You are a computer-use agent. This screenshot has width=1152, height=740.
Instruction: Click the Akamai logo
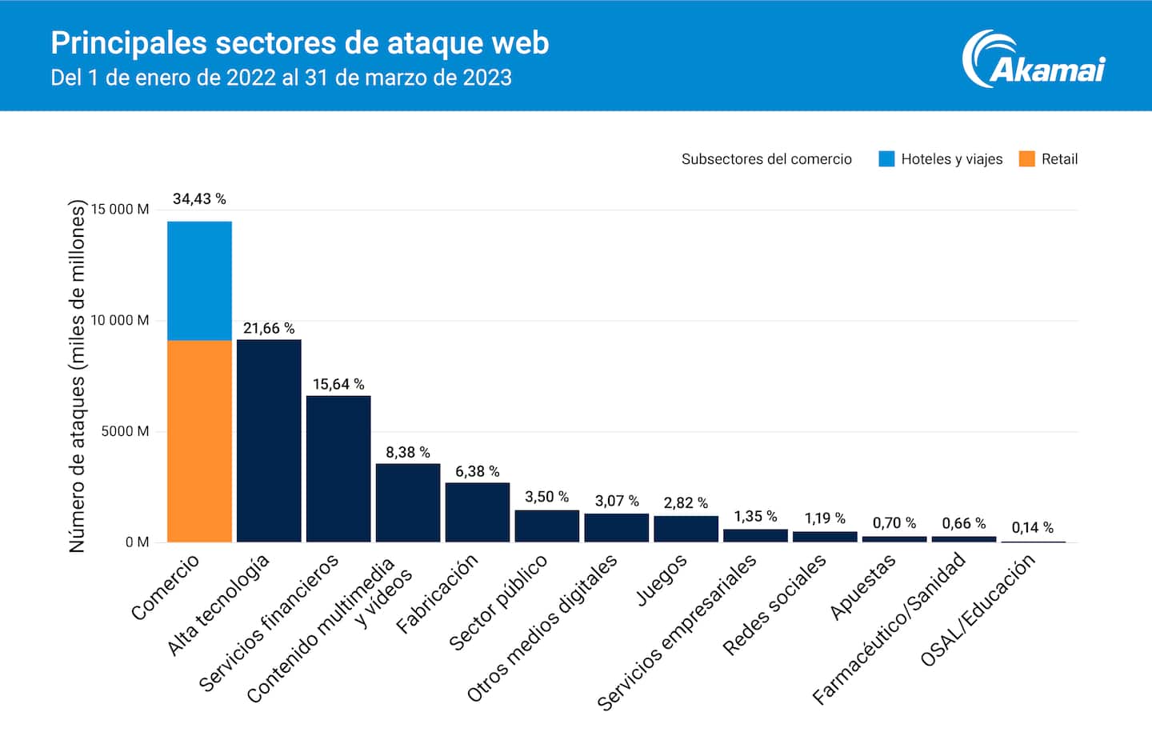[1034, 61]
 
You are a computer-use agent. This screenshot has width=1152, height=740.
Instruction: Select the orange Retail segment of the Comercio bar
[199, 441]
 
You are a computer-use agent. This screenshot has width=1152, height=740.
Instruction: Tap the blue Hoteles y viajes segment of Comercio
[199, 280]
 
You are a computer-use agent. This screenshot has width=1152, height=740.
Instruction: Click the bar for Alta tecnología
[269, 441]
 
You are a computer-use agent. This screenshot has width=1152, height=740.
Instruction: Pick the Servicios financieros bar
[338, 469]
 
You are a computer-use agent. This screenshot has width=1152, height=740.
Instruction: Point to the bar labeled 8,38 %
[408, 502]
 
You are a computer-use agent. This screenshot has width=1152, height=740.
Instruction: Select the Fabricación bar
[478, 512]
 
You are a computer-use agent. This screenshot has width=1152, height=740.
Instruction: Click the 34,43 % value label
[199, 198]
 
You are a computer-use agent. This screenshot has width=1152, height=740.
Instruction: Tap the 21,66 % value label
[269, 328]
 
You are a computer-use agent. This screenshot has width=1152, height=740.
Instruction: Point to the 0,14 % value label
[1032, 527]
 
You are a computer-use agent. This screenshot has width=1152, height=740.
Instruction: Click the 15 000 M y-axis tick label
[120, 210]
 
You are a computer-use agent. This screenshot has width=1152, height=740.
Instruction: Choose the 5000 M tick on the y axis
[125, 431]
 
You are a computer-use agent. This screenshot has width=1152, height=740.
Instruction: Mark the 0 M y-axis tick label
[137, 542]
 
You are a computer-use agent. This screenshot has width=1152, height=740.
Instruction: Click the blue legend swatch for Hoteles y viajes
[886, 158]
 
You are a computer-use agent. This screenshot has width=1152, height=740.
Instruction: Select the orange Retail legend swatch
[1026, 158]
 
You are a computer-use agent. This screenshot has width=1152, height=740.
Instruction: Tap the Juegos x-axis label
[661, 580]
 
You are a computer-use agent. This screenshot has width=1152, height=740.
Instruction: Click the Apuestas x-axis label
[862, 587]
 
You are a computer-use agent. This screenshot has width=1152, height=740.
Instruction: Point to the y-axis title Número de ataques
[77, 376]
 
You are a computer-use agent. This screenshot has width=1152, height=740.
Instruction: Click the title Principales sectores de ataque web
[300, 43]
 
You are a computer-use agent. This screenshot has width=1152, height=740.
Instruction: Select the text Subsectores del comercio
[766, 159]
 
